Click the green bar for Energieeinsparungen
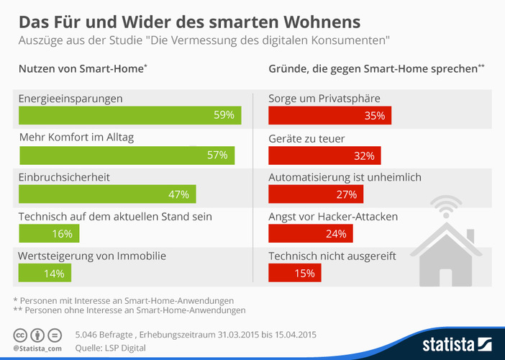pyautogui.click(x=129, y=115)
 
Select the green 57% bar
pyautogui.click(x=126, y=155)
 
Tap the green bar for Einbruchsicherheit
pyautogui.click(x=106, y=194)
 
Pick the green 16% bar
pyautogui.click(x=49, y=233)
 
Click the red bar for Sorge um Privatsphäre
pyautogui.click(x=329, y=115)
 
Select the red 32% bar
pyautogui.click(x=324, y=155)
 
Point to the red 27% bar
pyautogui.click(x=316, y=194)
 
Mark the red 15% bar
pyautogui.click(x=295, y=273)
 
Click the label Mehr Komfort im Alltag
pyautogui.click(x=76, y=138)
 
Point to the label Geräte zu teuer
pyautogui.click(x=306, y=138)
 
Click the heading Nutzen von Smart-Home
pyautogui.click(x=81, y=69)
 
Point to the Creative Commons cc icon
pyautogui.click(x=20, y=335)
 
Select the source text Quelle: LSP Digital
pyautogui.click(x=110, y=348)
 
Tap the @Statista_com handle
pyautogui.click(x=37, y=348)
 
